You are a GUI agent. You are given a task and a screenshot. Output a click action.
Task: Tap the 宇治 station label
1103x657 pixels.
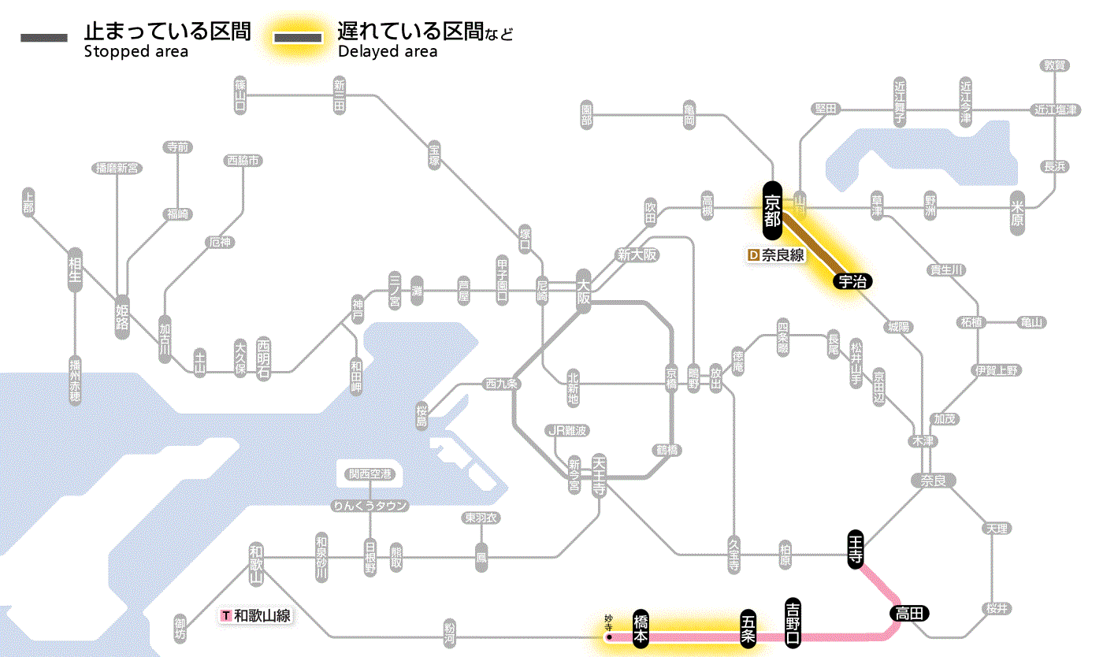[x=852, y=281]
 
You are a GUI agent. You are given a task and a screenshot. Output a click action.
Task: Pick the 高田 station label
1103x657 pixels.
[x=910, y=613]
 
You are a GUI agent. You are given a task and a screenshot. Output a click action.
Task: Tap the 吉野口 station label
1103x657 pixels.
[x=793, y=623]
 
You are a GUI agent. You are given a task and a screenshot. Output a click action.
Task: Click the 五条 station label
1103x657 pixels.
[x=748, y=629]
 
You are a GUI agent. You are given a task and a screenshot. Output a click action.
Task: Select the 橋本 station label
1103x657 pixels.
[x=641, y=629]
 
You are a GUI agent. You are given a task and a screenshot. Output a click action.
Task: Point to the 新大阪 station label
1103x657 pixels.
[x=637, y=254]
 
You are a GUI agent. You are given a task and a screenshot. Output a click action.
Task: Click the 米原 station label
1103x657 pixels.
[x=1017, y=213]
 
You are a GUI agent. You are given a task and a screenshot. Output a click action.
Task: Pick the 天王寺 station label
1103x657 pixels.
[x=599, y=477]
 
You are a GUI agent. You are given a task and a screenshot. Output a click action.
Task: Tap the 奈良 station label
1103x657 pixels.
[x=933, y=480]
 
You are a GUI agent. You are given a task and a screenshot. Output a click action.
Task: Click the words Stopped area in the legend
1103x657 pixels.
[x=136, y=52]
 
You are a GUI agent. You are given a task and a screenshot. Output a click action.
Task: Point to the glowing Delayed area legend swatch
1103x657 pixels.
[x=297, y=38]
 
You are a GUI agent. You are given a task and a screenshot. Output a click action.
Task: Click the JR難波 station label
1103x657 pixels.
[x=567, y=430]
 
